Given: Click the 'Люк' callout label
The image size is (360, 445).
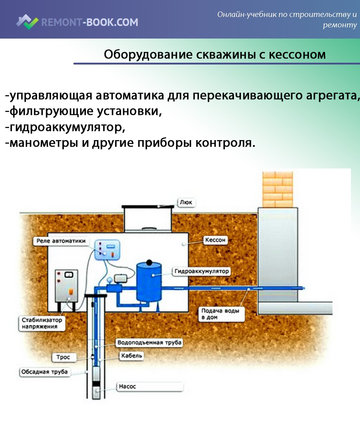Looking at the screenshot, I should click(x=186, y=202).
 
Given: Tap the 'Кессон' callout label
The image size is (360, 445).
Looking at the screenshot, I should click(x=215, y=240).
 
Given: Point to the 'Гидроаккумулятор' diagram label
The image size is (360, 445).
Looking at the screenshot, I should click(x=201, y=272).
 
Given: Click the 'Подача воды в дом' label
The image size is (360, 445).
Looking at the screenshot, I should click(x=220, y=314).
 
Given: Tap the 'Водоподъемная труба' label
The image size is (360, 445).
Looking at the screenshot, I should click(x=149, y=342).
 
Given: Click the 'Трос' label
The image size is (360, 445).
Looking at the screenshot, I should click(x=63, y=357).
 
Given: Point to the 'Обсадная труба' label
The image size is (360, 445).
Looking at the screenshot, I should click(x=44, y=372).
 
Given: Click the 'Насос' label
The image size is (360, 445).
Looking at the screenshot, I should click(x=127, y=386).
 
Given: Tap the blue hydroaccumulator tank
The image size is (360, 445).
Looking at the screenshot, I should click(x=150, y=282).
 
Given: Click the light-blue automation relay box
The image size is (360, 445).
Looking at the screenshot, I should click(x=109, y=249).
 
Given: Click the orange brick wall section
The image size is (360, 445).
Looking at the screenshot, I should click(x=277, y=189).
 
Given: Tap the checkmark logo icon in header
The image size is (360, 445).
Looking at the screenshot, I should click(x=28, y=22).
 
